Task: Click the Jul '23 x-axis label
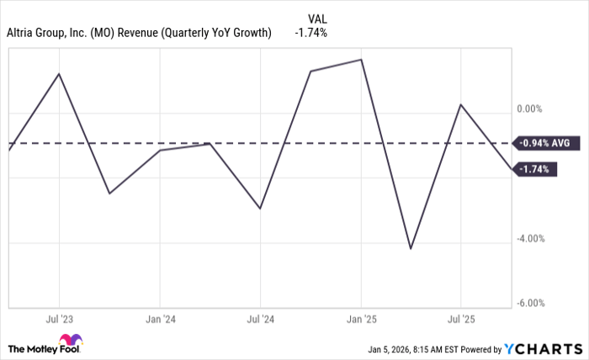pos(58,320)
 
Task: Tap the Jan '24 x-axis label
pos(160,320)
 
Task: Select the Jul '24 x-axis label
pos(260,320)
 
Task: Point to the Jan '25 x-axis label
pos(362,320)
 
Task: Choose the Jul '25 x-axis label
pos(461,320)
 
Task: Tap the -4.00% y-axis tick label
pos(532,239)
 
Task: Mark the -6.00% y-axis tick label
pos(532,304)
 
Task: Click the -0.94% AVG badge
pos(544,144)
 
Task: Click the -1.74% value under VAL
pos(310,33)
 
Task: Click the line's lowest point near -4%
pos(411,248)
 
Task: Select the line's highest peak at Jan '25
pos(362,60)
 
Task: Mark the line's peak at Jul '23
pos(59,74)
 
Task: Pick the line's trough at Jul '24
pos(260,209)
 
